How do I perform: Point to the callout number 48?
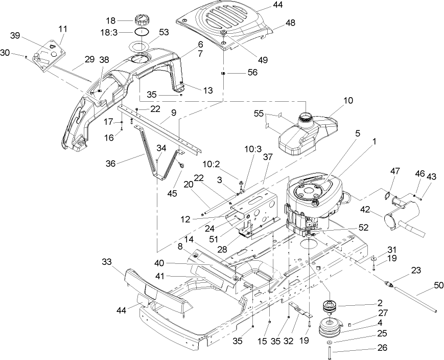coord(290,23)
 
